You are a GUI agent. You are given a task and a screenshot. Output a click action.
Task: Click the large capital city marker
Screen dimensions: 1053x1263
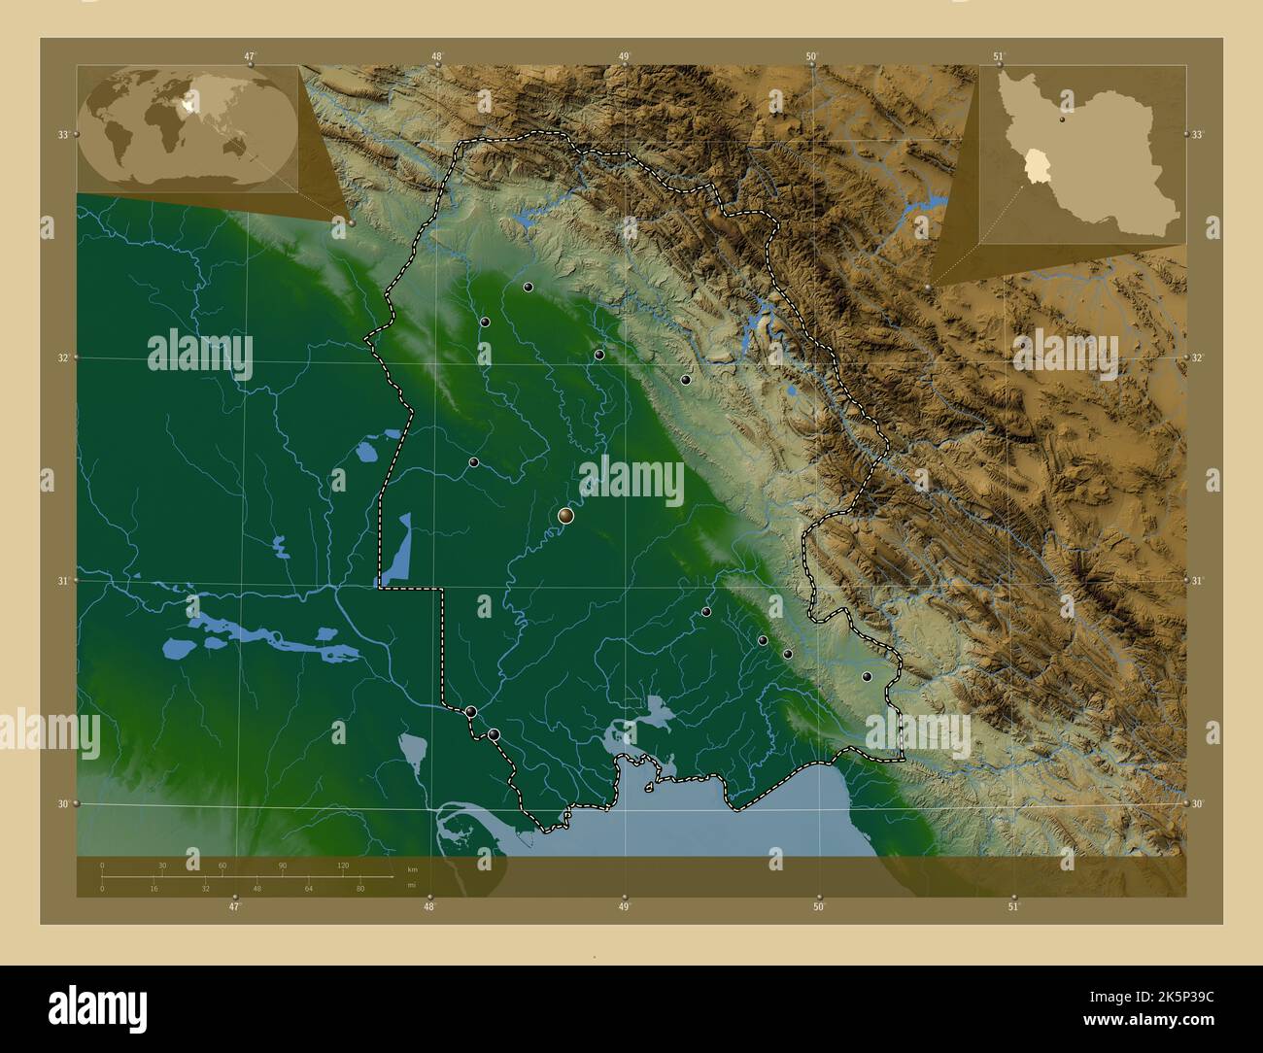tap(565, 516)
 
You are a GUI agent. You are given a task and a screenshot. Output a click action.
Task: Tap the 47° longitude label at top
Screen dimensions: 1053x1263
tap(250, 56)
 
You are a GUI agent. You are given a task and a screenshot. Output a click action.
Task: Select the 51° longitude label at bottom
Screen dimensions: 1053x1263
tap(1013, 906)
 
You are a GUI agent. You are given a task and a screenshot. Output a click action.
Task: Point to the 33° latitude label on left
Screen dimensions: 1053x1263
tap(62, 134)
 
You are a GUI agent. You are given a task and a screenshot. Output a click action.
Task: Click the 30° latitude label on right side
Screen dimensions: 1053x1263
tap(1197, 803)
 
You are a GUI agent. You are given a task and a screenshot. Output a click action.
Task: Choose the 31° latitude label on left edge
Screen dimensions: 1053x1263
tap(62, 581)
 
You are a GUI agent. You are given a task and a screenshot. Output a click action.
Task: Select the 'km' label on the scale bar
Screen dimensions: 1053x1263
tap(413, 868)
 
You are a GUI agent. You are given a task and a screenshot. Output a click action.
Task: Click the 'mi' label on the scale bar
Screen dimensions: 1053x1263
tap(413, 885)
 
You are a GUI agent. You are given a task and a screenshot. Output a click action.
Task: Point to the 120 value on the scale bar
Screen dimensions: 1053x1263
tap(343, 865)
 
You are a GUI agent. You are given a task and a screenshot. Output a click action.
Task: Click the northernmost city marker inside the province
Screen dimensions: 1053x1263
tap(528, 288)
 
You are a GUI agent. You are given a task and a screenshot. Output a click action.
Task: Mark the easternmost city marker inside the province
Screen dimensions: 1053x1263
tap(867, 676)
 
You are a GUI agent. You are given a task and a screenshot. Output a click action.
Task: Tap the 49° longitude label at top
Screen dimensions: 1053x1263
tap(624, 56)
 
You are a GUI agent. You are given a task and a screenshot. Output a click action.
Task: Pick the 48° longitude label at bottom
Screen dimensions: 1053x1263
tap(428, 906)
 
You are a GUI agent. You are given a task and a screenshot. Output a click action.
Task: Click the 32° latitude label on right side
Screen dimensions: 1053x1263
tap(1197, 357)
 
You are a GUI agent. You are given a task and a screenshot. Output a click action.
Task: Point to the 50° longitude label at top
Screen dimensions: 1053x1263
tap(811, 56)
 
